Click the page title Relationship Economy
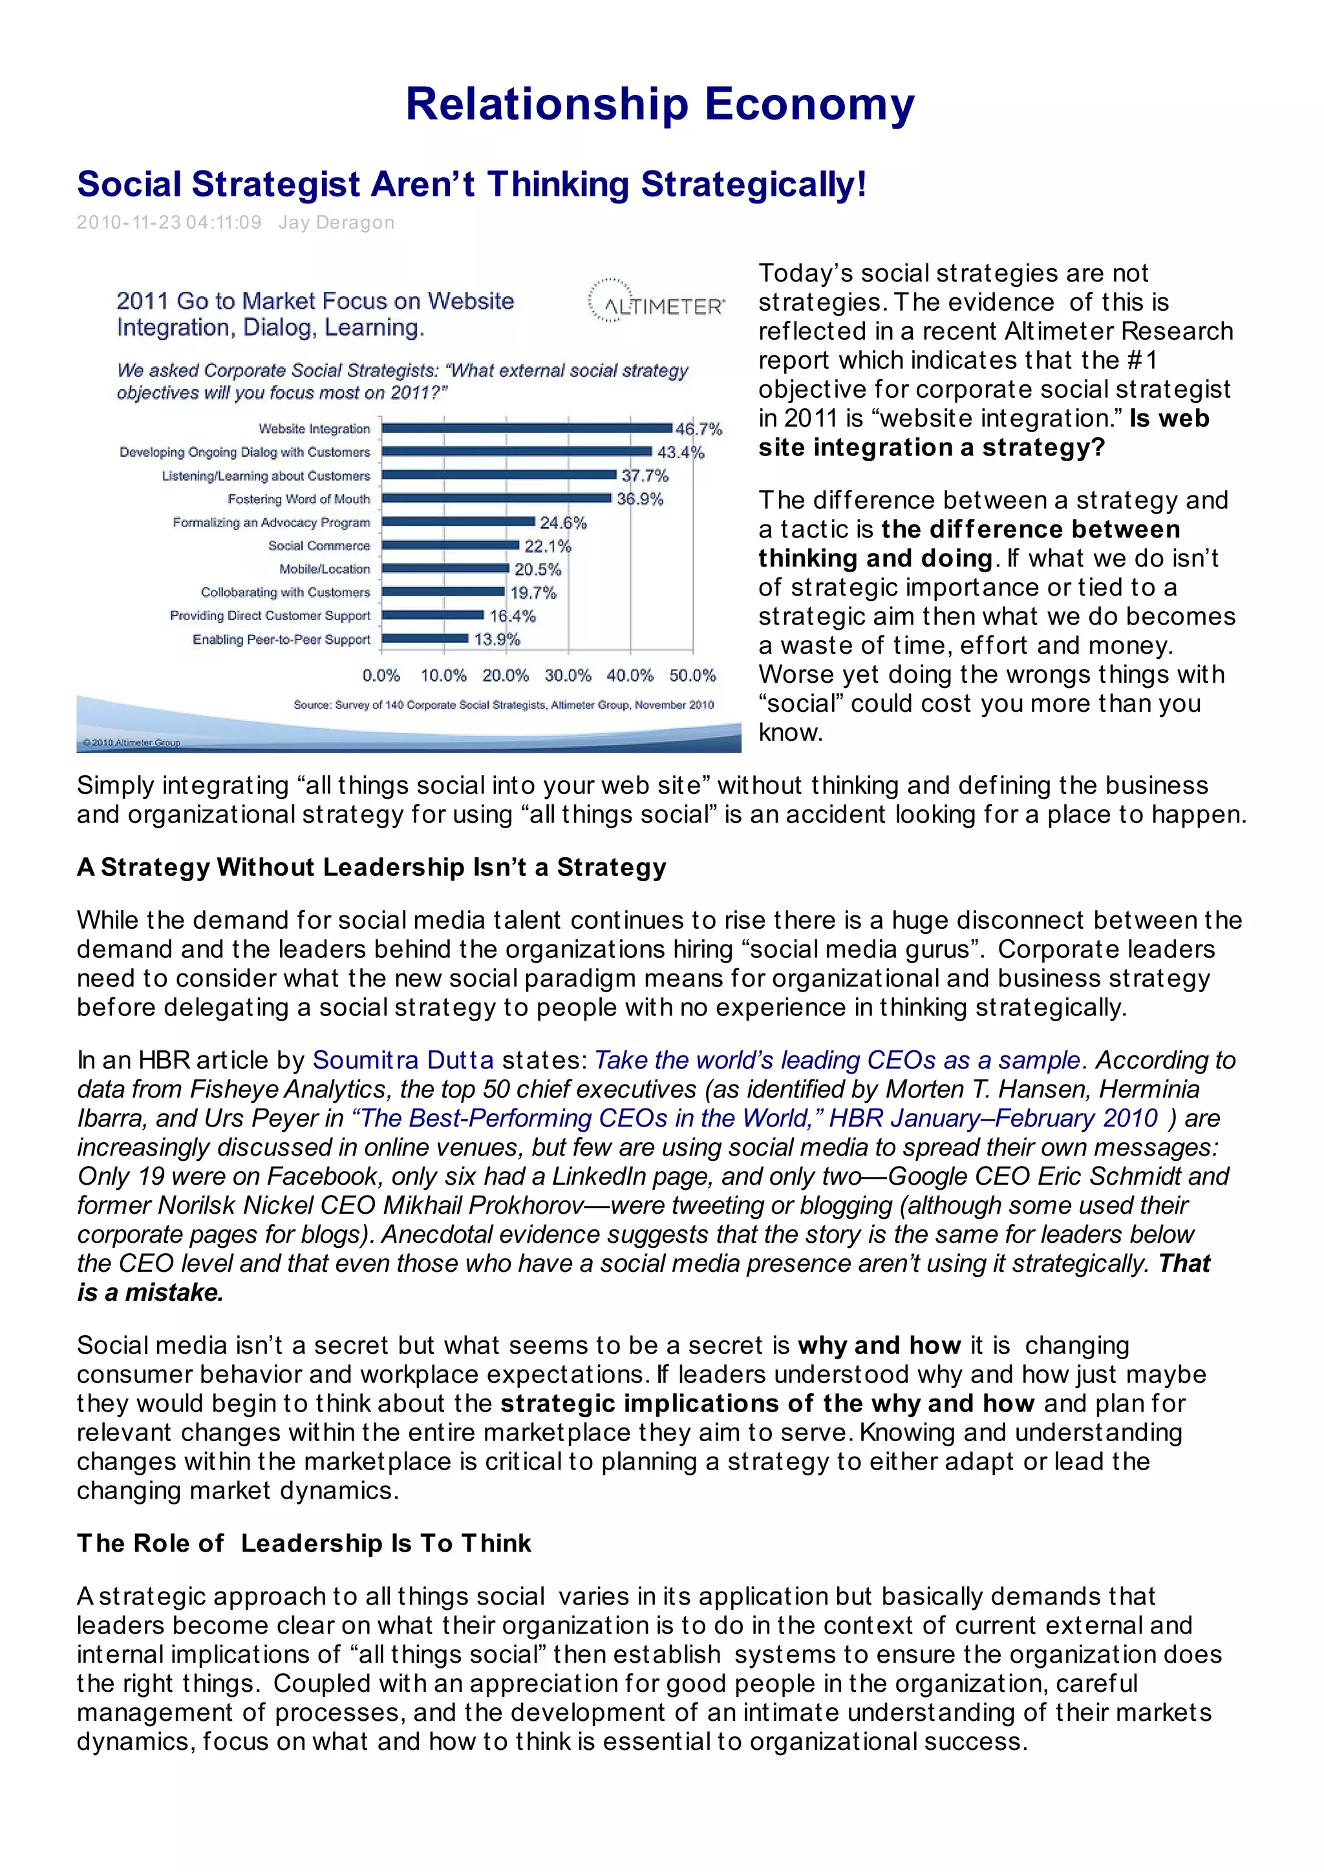[660, 105]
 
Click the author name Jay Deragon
[336, 223]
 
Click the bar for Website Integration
[527, 428]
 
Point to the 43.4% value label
[679, 453]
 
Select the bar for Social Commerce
[451, 545]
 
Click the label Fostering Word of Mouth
[299, 499]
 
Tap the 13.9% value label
[496, 640]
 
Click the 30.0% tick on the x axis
[568, 676]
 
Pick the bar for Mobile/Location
[445, 569]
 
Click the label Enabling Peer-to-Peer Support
[281, 640]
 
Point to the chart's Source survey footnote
[504, 705]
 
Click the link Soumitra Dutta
[403, 1060]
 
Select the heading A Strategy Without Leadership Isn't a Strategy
[371, 867]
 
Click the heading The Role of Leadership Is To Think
[303, 1543]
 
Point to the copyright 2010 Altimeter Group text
[131, 743]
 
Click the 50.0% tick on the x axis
[692, 676]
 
